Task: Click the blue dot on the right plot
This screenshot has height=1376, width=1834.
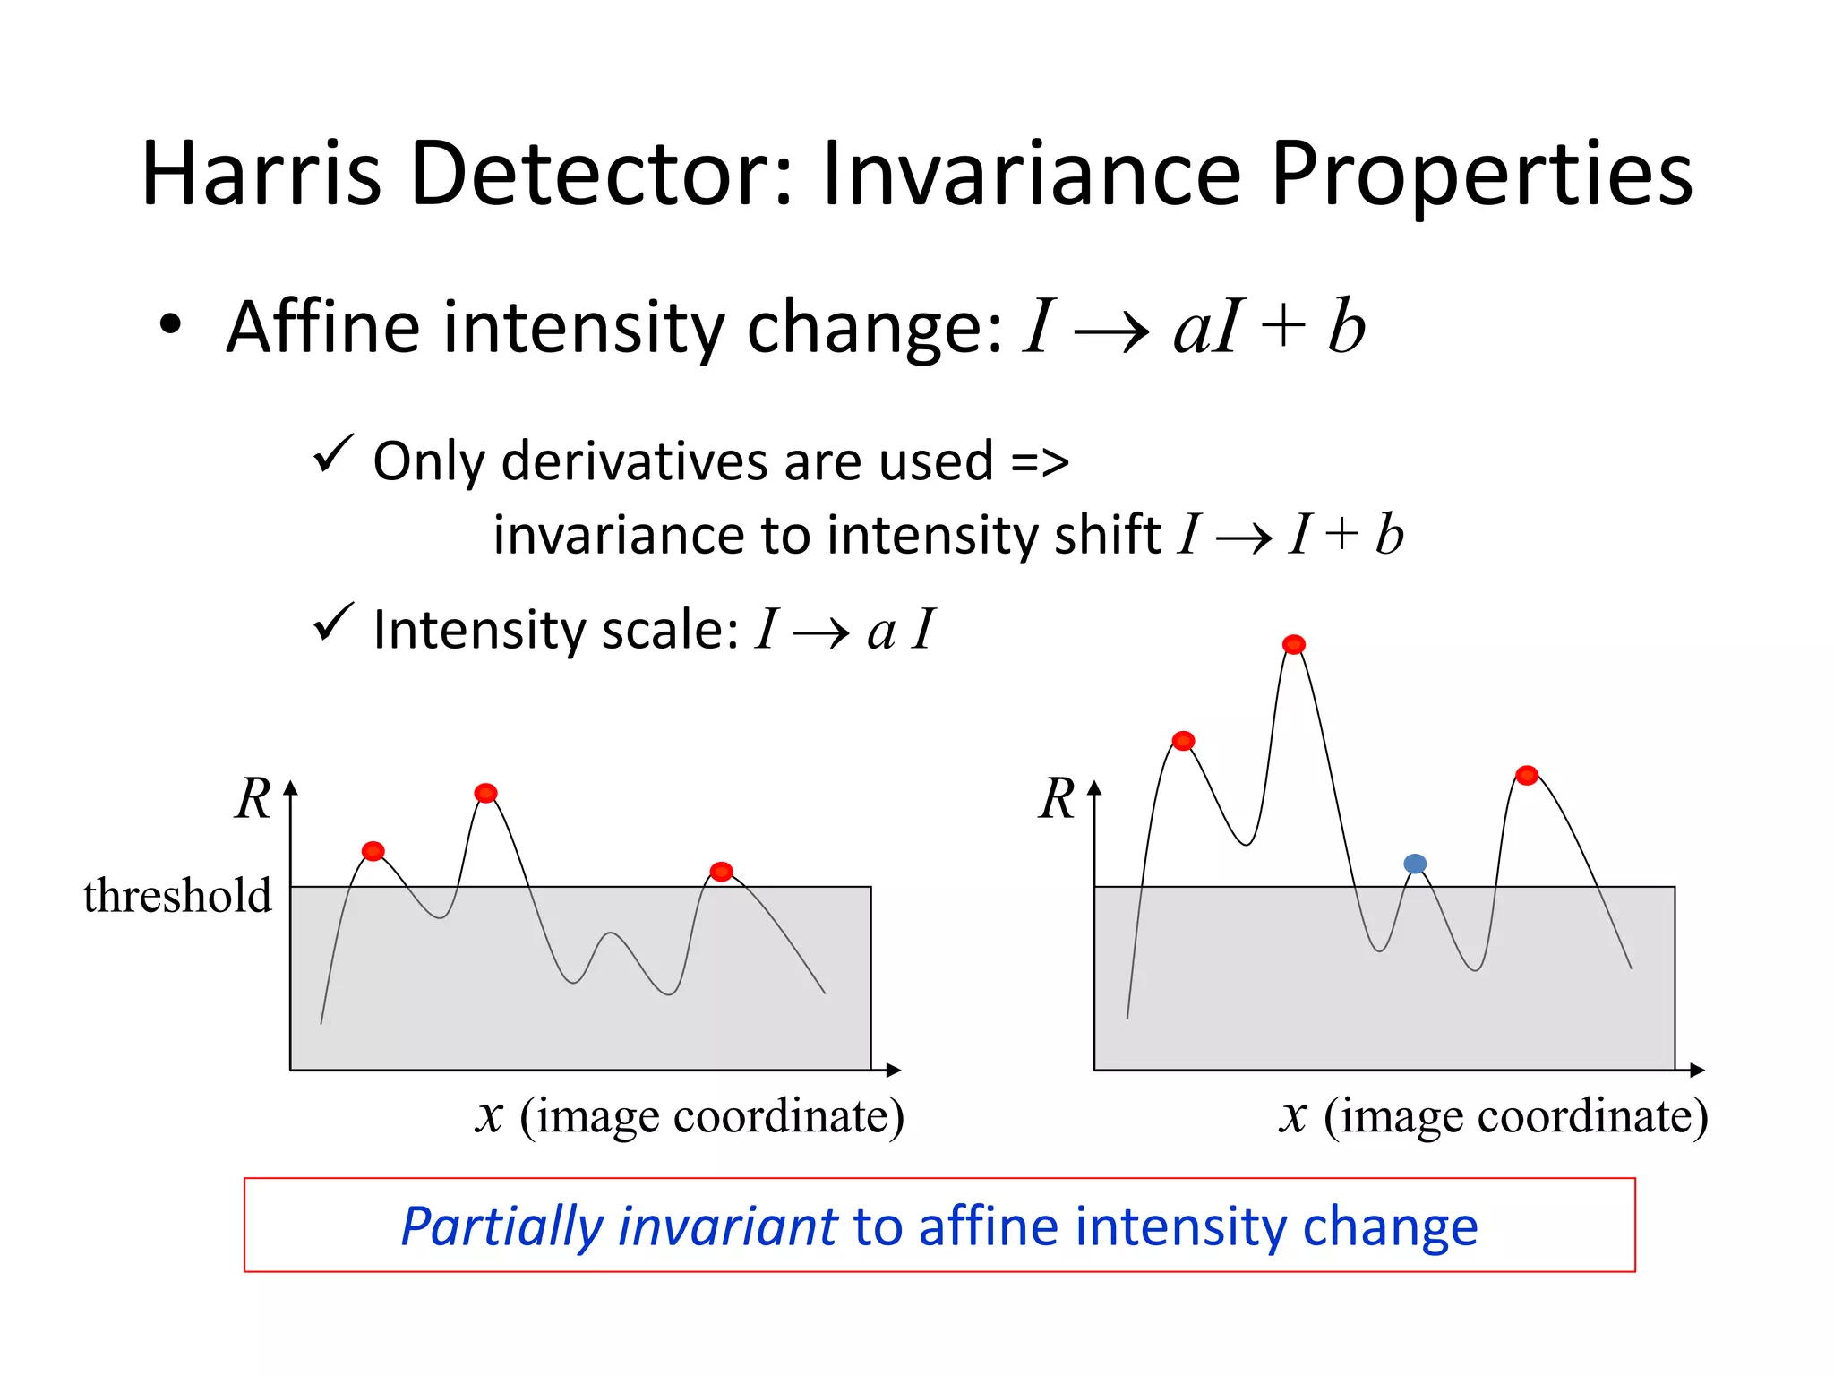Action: (x=1415, y=864)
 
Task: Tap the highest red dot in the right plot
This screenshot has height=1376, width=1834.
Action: (x=1294, y=644)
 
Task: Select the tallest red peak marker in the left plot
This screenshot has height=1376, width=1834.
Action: (x=485, y=793)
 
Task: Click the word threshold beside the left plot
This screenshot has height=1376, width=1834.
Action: (x=177, y=895)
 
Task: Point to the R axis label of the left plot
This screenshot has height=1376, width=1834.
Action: (x=253, y=798)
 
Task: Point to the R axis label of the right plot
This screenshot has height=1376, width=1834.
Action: (x=1057, y=798)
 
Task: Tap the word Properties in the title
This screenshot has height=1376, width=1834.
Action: (x=1481, y=174)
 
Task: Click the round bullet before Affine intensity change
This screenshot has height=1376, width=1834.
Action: (x=170, y=326)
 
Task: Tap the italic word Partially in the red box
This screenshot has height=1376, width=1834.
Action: (x=501, y=1225)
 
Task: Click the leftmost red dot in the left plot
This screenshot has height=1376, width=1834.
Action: (x=373, y=851)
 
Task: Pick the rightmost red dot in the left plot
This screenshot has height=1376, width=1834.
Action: (x=721, y=872)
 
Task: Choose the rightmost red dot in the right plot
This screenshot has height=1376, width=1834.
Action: (x=1527, y=775)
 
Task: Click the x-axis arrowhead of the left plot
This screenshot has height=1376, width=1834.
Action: (x=893, y=1070)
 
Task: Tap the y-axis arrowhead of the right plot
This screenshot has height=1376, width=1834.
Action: (x=1094, y=788)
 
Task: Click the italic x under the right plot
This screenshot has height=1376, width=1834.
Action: (x=1292, y=1116)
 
